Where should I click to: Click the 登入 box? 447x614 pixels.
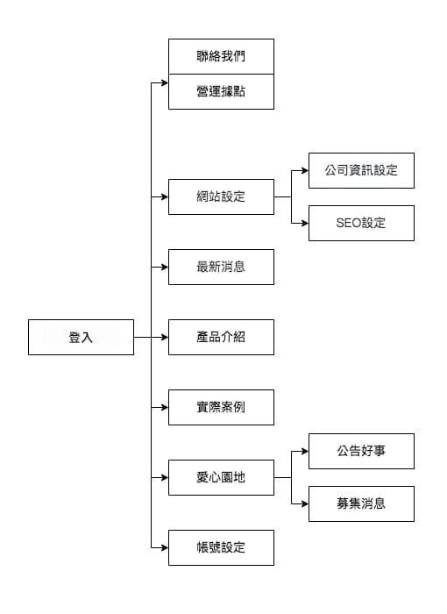pos(81,337)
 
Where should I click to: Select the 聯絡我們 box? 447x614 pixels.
pos(221,56)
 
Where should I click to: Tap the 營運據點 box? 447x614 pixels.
pos(221,91)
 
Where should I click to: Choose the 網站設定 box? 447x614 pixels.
pos(221,196)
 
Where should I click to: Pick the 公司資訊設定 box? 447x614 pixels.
pos(361,170)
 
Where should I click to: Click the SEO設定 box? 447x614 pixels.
pos(361,223)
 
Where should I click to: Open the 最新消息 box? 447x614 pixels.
pos(221,267)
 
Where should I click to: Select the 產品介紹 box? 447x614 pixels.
pos(221,337)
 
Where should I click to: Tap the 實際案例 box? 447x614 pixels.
pos(221,407)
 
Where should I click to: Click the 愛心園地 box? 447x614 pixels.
pos(221,477)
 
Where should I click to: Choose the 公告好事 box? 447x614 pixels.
pos(361,451)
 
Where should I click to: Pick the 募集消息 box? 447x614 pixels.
pos(361,504)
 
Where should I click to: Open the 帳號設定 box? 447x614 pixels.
pos(221,547)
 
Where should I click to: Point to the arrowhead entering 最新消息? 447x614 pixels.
pos(165,267)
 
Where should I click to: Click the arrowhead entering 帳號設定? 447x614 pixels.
pos(165,547)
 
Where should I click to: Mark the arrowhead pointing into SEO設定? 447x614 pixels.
pos(305,223)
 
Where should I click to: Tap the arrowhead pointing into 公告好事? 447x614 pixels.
pos(305,451)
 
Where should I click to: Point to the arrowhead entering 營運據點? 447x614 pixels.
pos(165,82)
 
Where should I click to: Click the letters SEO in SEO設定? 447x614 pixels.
pos(348,223)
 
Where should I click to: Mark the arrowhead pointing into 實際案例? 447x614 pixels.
pos(165,407)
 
